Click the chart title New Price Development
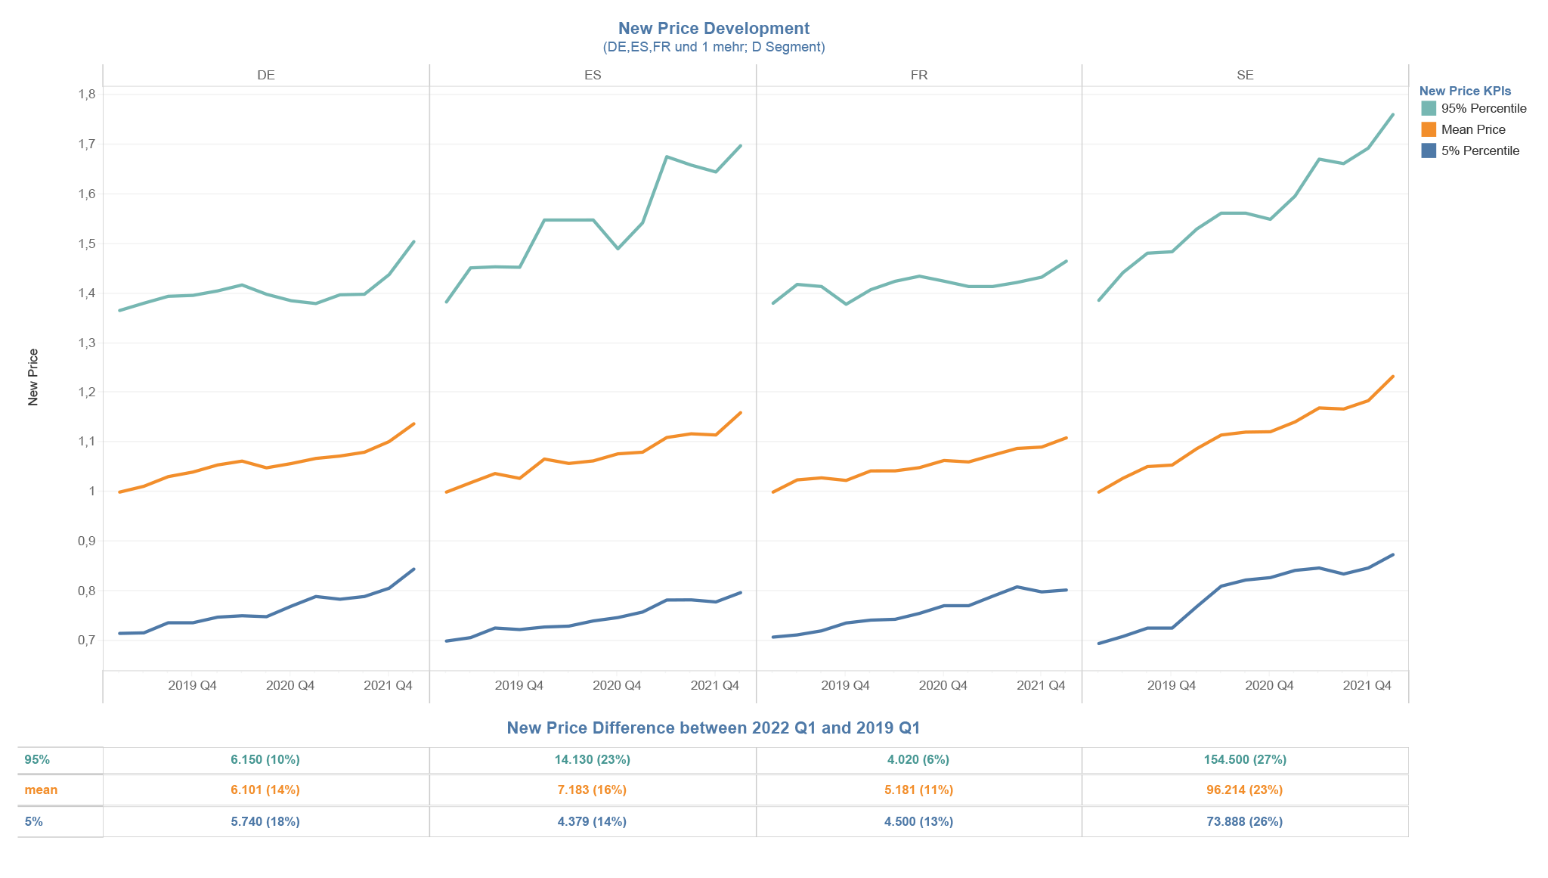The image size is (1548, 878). coord(714,29)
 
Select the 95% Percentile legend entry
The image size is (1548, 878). coord(1483,108)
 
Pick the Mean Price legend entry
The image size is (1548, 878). coord(1472,129)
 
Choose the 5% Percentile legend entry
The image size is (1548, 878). coord(1479,150)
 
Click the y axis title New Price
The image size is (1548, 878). coord(33,377)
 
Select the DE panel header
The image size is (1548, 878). coord(265,76)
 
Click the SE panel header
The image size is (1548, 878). coord(1245,76)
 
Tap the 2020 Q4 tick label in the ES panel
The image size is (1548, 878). coord(617,686)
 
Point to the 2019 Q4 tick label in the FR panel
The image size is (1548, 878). coord(845,686)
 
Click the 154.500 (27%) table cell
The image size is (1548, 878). coord(1245,759)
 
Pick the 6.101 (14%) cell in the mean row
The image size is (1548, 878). coord(265,790)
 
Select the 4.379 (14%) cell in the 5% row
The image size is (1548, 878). coord(592,821)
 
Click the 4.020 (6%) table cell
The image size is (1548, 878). coord(918,759)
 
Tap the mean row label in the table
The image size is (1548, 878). coord(41,790)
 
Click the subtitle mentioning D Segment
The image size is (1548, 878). coord(714,47)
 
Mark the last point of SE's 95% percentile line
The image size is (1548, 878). coord(1392,115)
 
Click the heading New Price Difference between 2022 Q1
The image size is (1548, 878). coord(714,728)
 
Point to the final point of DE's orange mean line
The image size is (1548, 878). coord(413,424)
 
